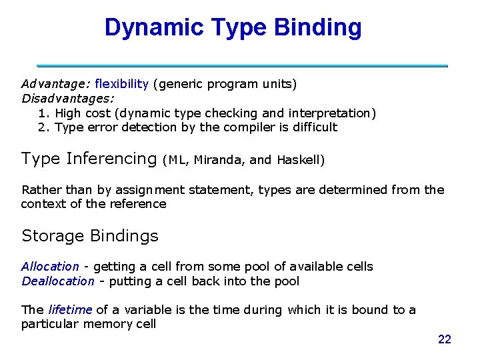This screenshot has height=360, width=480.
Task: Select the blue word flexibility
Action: tap(122, 84)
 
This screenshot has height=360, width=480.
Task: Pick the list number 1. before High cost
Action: tap(45, 113)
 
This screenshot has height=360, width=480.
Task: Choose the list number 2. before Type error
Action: tap(45, 127)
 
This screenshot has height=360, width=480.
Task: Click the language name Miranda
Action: tap(219, 160)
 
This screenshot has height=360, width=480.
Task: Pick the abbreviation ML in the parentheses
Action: tap(177, 160)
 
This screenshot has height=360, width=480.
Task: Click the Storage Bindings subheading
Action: tap(90, 236)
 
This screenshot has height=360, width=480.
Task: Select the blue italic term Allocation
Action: tap(50, 267)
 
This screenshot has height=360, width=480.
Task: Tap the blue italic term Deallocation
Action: tap(58, 281)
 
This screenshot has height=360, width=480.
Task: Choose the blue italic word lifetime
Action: tap(70, 310)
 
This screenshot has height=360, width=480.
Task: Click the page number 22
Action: tap(445, 340)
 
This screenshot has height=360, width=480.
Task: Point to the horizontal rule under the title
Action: tap(242, 66)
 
